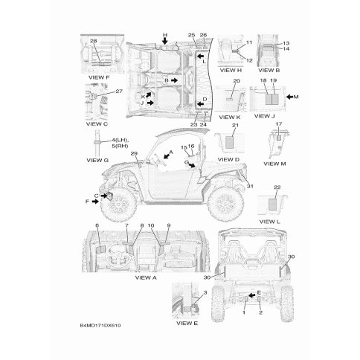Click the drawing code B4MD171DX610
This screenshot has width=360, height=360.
coord(100,325)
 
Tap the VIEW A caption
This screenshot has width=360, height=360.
coord(146,277)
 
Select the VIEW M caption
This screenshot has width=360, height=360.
coord(274,164)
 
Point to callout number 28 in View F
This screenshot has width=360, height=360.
coord(93,41)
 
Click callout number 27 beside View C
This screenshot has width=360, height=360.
coord(119,91)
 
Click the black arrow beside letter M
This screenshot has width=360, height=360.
coord(289,97)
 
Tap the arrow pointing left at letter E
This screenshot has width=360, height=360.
coord(251,295)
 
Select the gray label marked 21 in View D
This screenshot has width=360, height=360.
coord(230,142)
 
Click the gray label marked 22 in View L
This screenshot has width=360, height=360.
coord(273,204)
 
